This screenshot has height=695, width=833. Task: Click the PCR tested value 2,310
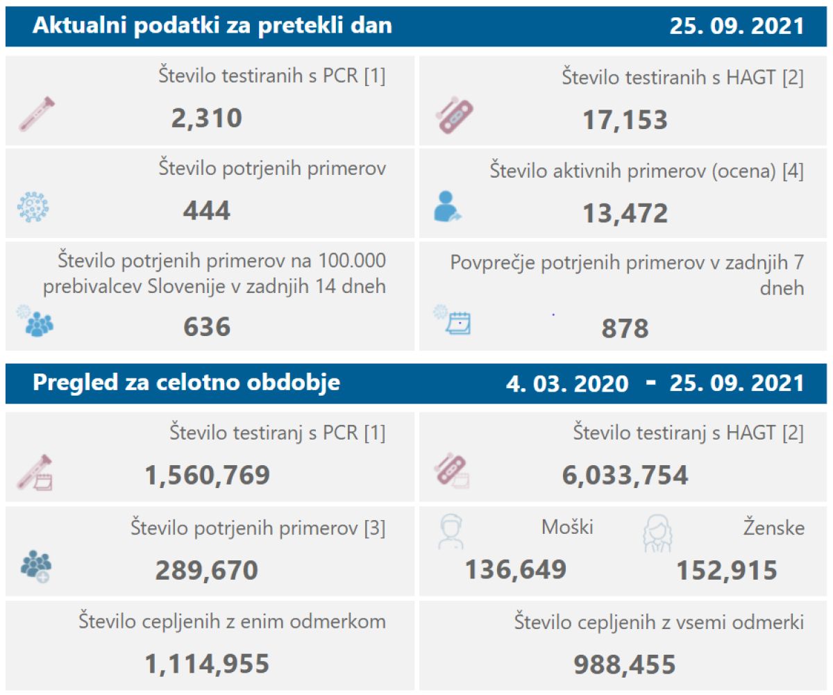pyautogui.click(x=206, y=118)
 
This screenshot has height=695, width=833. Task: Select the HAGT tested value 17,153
pyautogui.click(x=625, y=119)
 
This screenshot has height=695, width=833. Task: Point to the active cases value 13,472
pyautogui.click(x=625, y=212)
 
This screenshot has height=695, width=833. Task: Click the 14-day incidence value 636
pyautogui.click(x=206, y=326)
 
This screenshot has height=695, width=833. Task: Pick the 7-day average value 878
pyautogui.click(x=625, y=328)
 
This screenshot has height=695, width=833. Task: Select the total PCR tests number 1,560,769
pyautogui.click(x=207, y=475)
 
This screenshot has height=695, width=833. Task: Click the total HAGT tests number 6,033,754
pyautogui.click(x=625, y=476)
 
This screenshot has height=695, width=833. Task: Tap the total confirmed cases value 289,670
pyautogui.click(x=206, y=570)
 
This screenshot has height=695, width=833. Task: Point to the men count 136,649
pyautogui.click(x=515, y=570)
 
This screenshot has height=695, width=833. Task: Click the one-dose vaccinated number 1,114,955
pyautogui.click(x=207, y=664)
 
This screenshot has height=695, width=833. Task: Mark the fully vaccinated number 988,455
pyautogui.click(x=625, y=664)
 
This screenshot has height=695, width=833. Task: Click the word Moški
pyautogui.click(x=567, y=528)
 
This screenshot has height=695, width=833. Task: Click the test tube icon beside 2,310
pyautogui.click(x=37, y=115)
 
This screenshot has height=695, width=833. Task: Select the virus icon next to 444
pyautogui.click(x=33, y=208)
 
